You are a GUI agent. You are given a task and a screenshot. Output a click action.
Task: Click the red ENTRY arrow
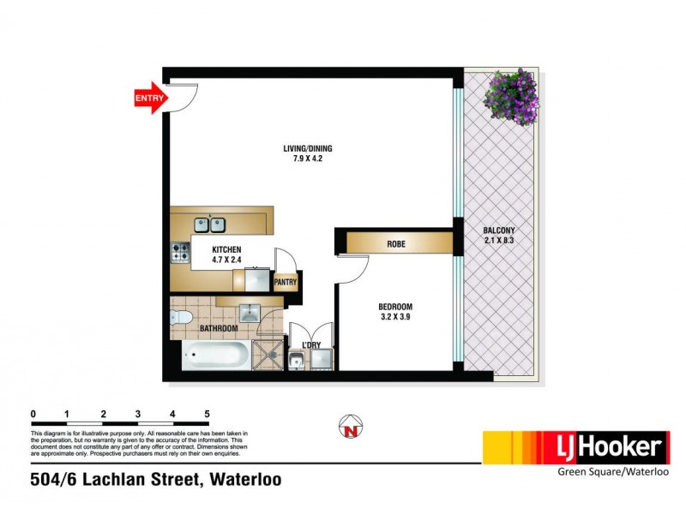point(149,99)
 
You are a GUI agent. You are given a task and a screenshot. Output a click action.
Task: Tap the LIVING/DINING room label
point(308,149)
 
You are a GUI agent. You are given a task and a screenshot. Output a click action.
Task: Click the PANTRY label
point(285,281)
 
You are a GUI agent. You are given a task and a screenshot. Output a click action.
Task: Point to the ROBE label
point(396,244)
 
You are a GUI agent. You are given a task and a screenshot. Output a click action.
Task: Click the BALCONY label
point(499,230)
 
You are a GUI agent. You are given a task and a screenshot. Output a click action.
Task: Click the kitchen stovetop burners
point(181,253)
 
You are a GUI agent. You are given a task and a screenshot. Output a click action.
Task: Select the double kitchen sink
point(208,224)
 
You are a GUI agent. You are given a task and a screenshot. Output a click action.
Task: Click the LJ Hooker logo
point(575,446)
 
